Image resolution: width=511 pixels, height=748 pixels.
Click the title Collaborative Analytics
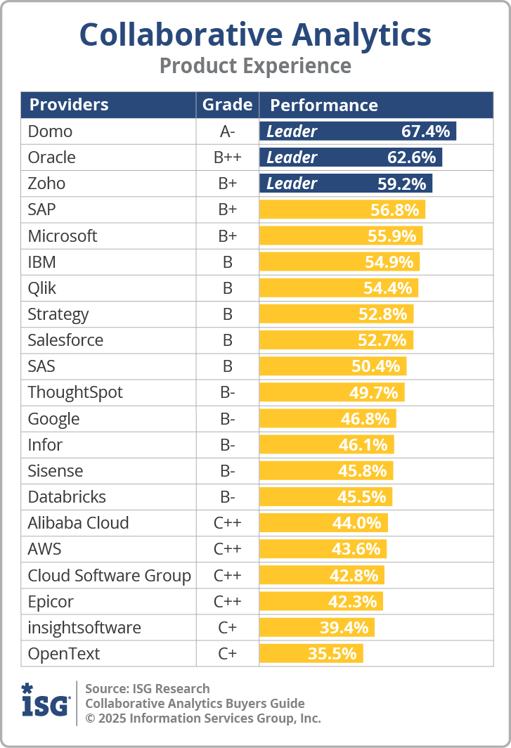[x=255, y=34]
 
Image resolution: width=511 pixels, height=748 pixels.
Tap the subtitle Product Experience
[x=255, y=66]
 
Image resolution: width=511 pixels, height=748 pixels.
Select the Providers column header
[x=69, y=105]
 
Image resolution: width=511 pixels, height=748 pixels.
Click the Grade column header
[x=227, y=105]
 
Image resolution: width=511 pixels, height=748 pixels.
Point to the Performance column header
[x=324, y=105]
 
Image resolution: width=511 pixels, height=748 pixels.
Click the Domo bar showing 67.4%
[x=358, y=131]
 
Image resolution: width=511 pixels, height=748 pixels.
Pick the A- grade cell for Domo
[x=227, y=131]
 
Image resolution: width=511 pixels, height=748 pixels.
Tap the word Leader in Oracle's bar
[x=292, y=157]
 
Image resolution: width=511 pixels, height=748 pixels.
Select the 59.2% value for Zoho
[x=402, y=183]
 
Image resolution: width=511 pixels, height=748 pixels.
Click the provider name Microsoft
[x=63, y=236]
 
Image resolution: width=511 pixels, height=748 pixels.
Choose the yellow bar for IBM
[x=339, y=262]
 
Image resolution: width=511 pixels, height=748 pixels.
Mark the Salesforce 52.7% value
[x=382, y=340]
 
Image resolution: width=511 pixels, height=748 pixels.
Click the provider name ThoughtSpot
[x=75, y=392]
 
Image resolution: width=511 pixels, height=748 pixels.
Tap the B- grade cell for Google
[x=227, y=419]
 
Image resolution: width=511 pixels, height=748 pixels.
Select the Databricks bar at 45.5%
[x=325, y=497]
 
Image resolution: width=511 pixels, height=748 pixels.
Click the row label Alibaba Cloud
[x=78, y=523]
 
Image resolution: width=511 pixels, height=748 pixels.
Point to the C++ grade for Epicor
[x=227, y=602]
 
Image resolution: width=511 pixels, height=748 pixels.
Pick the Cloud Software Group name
[x=109, y=576]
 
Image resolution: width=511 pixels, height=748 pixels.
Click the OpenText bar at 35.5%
[x=311, y=654]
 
